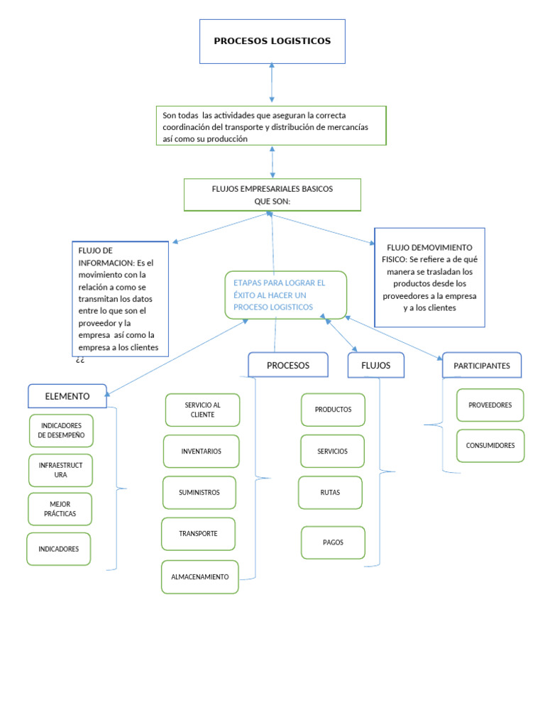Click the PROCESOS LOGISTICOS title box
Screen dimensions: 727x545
tap(272, 41)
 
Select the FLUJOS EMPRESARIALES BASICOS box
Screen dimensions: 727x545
tap(272, 195)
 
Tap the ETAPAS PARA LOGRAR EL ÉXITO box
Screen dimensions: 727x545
tap(286, 295)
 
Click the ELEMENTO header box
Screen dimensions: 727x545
tap(67, 396)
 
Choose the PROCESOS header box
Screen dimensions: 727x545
tap(288, 365)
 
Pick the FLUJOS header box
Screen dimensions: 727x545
tap(375, 365)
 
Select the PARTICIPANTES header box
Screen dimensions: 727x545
tap(481, 366)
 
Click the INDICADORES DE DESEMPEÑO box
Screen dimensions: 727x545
tap(61, 430)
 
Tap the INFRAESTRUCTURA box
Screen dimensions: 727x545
tap(61, 469)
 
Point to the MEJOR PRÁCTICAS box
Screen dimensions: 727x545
tap(60, 509)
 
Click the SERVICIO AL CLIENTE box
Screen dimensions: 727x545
tap(202, 410)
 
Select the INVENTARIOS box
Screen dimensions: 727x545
tap(201, 451)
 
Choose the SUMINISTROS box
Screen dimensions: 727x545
tap(199, 493)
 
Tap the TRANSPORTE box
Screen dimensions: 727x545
tap(198, 534)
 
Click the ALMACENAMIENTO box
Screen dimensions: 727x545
tap(199, 576)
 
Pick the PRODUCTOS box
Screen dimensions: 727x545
tap(333, 410)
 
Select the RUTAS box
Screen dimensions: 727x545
tap(330, 493)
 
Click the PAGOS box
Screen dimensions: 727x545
tap(333, 542)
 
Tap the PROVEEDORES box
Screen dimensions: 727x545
tap(490, 405)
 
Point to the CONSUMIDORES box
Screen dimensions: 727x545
tap(490, 446)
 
